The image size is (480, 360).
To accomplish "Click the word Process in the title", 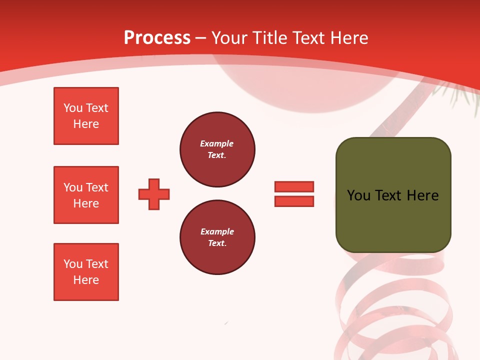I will click(x=157, y=37).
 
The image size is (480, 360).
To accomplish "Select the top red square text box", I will click(x=86, y=116).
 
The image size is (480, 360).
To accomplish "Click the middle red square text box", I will click(x=86, y=195).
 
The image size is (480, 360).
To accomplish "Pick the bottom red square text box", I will click(x=86, y=272).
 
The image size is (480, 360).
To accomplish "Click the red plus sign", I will click(x=154, y=194).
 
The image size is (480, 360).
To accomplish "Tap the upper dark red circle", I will click(x=217, y=149).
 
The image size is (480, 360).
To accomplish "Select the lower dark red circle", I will click(x=217, y=237).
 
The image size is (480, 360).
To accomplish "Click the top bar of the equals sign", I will click(x=294, y=186).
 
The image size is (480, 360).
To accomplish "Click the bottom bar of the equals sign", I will click(x=294, y=201).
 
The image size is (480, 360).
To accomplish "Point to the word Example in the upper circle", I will click(x=216, y=143).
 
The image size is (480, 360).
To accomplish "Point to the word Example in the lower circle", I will click(x=217, y=231).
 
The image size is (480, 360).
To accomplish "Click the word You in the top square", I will click(x=72, y=108).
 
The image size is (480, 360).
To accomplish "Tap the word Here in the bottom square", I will click(x=86, y=280).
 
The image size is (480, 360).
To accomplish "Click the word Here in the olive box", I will click(x=422, y=195).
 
